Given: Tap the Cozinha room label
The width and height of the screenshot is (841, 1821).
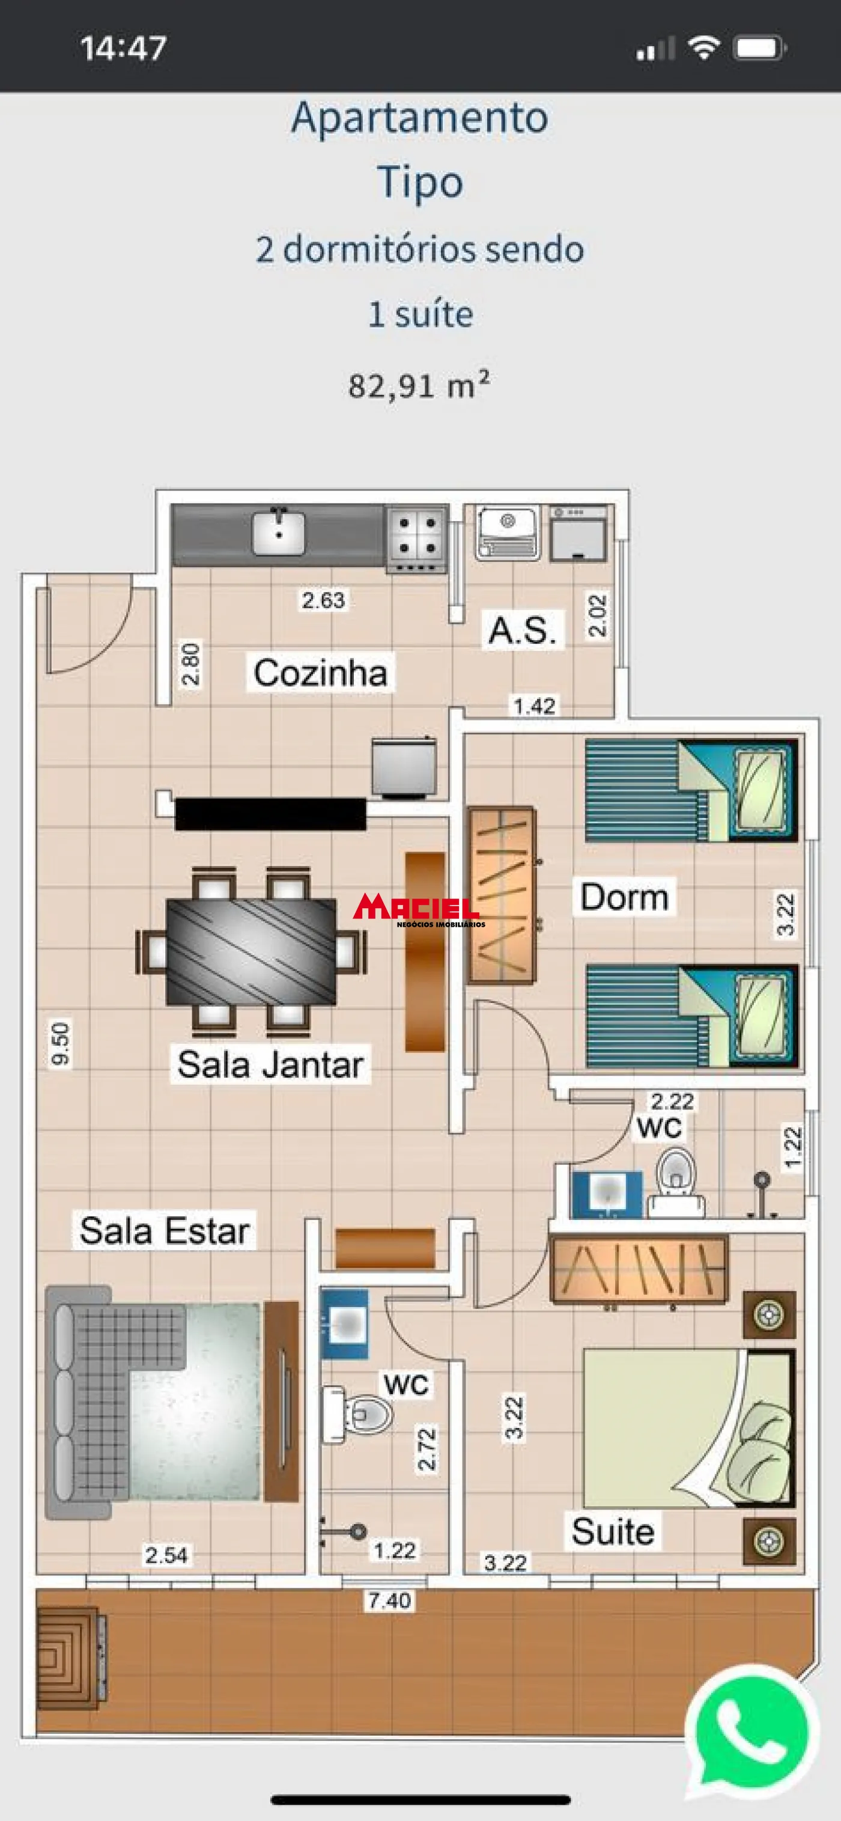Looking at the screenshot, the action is [320, 673].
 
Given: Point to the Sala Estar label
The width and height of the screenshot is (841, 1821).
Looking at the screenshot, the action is [164, 1231].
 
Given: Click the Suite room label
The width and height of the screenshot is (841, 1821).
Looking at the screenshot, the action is [613, 1532].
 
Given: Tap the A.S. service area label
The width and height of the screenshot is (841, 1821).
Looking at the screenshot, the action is [522, 630].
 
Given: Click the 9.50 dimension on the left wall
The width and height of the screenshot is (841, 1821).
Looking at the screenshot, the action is [61, 1043].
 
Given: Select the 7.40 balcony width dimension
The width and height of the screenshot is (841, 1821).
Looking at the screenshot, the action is [389, 1600].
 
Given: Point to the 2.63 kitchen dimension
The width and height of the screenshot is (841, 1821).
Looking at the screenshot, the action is [323, 600].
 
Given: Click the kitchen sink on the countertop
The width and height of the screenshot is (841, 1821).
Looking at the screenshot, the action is [280, 533].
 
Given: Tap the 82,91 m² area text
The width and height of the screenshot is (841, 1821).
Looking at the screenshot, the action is [418, 385].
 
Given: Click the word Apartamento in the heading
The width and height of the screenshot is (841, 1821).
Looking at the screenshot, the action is [420, 117].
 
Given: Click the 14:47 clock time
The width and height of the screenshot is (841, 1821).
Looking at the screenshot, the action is [123, 48].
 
